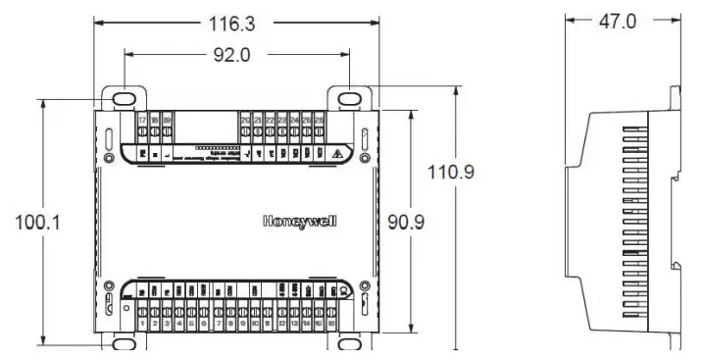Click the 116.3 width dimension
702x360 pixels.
point(234,20)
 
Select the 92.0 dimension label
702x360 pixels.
point(233,56)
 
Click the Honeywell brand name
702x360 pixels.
point(299,221)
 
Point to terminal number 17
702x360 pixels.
point(142,121)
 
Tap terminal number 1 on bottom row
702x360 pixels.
point(143,323)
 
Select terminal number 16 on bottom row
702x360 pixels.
point(333,323)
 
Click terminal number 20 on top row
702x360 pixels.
point(245,121)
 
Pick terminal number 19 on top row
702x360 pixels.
point(168,121)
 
